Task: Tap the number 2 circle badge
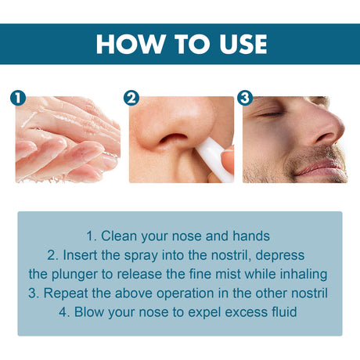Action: pos(131,99)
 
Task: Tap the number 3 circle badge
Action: pos(245,99)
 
